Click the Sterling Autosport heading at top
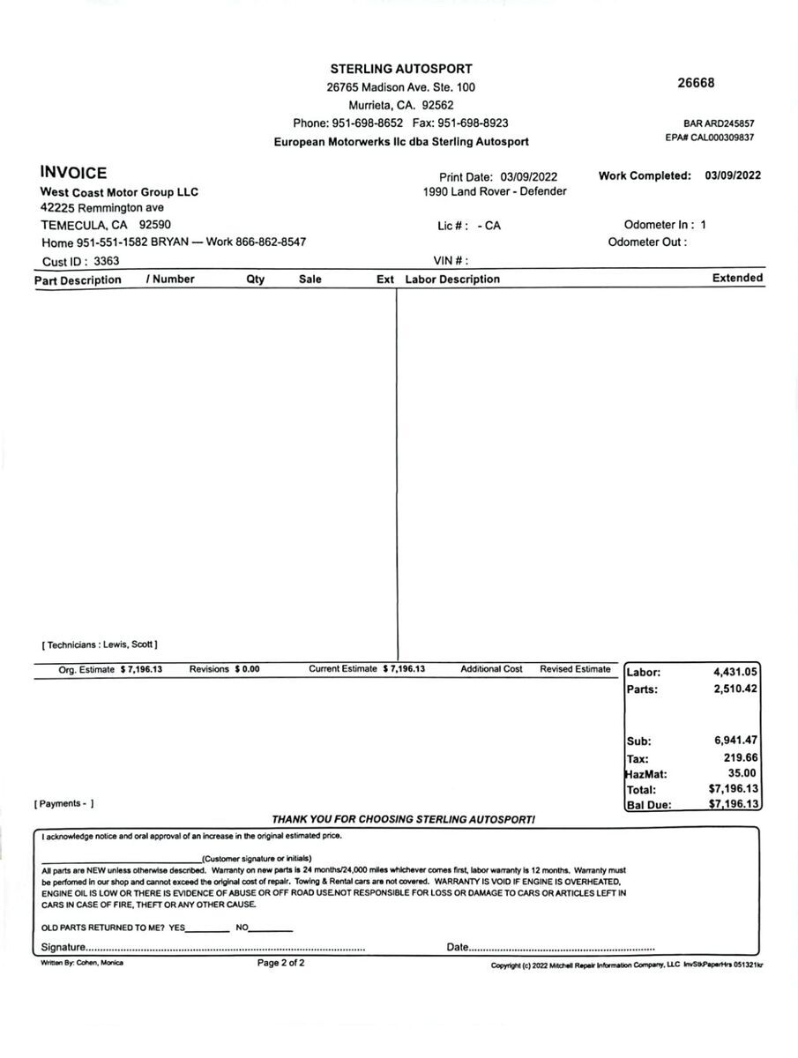(401, 69)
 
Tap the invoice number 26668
(696, 83)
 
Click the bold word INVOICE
(73, 174)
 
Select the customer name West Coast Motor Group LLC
(119, 192)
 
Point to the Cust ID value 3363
(106, 261)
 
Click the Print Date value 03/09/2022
(529, 177)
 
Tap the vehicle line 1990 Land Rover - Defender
(495, 191)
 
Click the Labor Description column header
(452, 279)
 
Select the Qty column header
(255, 279)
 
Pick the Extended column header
(737, 278)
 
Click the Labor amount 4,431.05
(735, 672)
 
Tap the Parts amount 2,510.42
(735, 689)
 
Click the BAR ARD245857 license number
(719, 124)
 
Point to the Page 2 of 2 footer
(280, 963)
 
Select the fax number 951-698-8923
(473, 123)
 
